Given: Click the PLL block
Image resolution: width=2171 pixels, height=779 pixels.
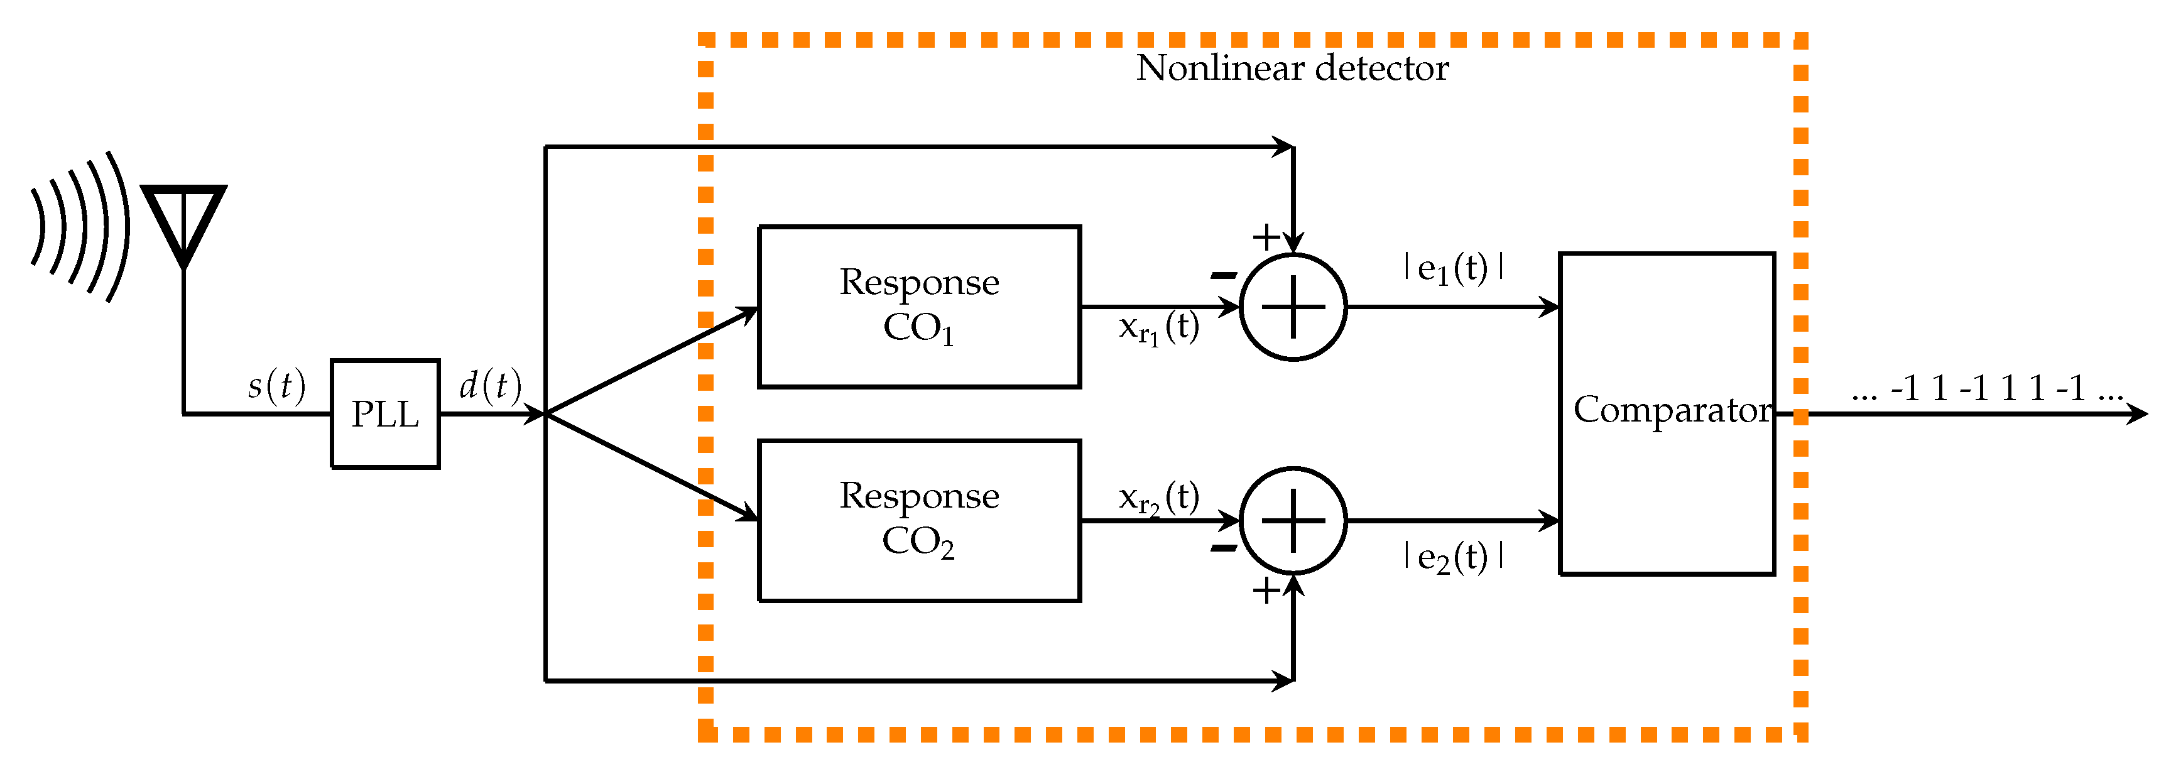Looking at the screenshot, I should point(385,414).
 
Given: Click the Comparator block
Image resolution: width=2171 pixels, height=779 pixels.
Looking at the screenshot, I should point(1667,413).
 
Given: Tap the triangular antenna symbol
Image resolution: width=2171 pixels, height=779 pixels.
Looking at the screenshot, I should point(183,221).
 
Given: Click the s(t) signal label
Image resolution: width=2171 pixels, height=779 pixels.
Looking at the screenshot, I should point(276,386).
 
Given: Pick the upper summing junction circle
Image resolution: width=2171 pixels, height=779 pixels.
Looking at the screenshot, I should point(1293,307).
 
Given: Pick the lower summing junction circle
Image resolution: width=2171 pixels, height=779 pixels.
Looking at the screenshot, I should point(1293,520).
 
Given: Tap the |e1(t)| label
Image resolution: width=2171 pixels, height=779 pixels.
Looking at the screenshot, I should point(1453,269).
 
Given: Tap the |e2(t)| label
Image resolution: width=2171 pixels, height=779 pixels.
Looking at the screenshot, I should point(1453,557).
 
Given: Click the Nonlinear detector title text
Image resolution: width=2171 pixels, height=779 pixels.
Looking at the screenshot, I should point(1292,68).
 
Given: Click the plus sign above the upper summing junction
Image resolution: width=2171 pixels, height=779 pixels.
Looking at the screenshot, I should point(1266,237).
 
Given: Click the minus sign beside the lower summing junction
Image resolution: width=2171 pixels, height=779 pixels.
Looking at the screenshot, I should point(1223,549).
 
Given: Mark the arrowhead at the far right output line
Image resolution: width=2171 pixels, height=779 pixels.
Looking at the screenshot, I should point(2136,413).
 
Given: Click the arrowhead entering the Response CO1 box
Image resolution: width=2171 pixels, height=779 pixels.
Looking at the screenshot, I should point(748,313).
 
